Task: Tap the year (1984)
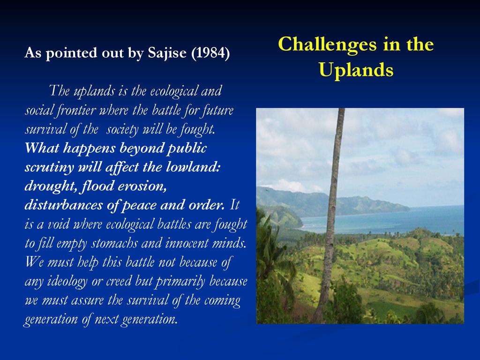point(210,53)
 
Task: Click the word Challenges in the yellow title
point(327,45)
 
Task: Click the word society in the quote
point(122,129)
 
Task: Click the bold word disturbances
point(63,205)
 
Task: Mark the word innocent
point(187,243)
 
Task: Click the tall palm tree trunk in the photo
point(330,214)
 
